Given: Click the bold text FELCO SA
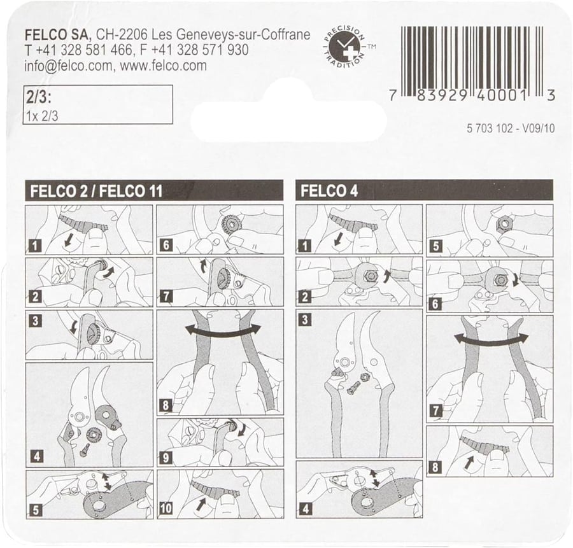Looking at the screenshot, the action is pos(57,35).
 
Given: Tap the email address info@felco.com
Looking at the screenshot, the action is pos(69,66).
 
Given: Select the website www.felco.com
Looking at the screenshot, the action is pos(164,66).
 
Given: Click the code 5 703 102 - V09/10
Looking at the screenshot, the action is pos(511,128).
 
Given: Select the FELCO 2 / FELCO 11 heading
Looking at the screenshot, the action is pos(97,191).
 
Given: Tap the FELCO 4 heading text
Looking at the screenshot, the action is pos(329,191).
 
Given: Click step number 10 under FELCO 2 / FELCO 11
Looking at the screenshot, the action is pos(166,508).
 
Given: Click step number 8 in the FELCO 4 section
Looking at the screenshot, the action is pos(435,467).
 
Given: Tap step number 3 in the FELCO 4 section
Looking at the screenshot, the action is pos(306,320).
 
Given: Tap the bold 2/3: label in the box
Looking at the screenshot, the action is pos(38,98).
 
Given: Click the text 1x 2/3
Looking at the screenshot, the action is pos(42,116).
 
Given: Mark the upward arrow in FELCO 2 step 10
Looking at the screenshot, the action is pos(201,505).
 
